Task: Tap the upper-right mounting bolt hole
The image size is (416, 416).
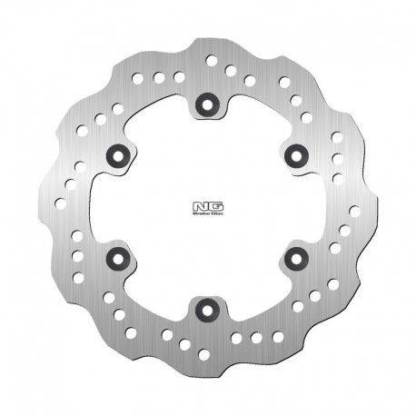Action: [x=293, y=152]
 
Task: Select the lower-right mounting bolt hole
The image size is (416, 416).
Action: [x=293, y=258]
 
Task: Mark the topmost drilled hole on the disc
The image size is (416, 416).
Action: [x=212, y=63]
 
